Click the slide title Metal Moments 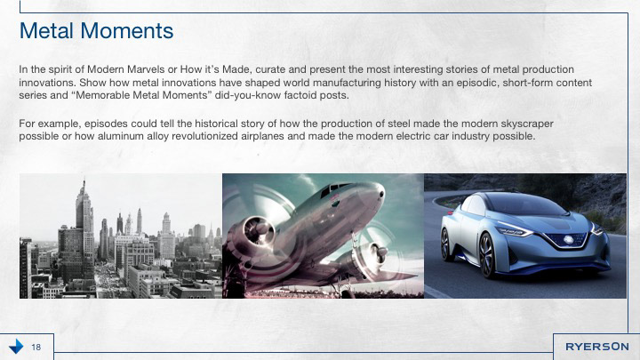(x=96, y=30)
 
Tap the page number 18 (x=36, y=347)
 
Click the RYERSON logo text (x=596, y=347)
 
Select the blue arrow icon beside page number (x=16, y=346)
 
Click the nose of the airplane (x=379, y=191)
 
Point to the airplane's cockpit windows (x=332, y=189)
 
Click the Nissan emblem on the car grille (x=567, y=240)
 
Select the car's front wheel (x=487, y=256)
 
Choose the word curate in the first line (x=270, y=69)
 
